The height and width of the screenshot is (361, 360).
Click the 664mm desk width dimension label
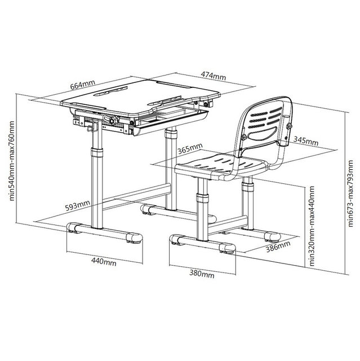[x=82, y=85]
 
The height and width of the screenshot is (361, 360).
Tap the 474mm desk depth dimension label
[x=214, y=76]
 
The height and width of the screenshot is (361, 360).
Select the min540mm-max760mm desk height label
[x=12, y=161]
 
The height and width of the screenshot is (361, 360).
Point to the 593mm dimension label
[x=77, y=205]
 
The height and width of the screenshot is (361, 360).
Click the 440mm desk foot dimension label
[x=104, y=262]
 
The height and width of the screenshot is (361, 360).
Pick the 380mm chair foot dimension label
[x=202, y=274]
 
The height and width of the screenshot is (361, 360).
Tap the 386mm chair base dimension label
[x=278, y=246]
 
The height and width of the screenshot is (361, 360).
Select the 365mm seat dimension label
[x=190, y=148]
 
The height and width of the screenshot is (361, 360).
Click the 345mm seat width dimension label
[x=306, y=140]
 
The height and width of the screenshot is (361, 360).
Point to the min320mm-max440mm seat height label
[x=312, y=226]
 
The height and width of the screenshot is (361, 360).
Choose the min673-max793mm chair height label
[x=350, y=193]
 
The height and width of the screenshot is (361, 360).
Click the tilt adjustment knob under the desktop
[x=112, y=120]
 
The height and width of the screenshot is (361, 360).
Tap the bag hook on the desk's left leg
[x=91, y=128]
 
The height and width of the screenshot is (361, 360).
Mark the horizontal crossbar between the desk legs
[x=136, y=196]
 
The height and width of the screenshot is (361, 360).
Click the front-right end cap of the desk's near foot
[x=134, y=238]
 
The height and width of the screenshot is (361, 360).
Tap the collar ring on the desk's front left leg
[x=97, y=152]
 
